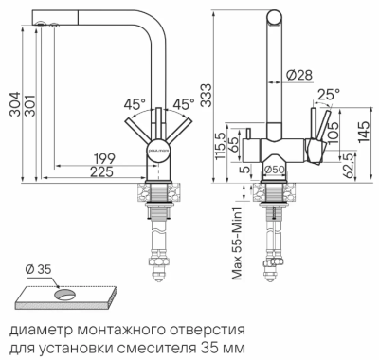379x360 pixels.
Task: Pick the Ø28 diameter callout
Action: tap(298, 75)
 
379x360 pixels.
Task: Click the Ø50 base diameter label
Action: tap(275, 170)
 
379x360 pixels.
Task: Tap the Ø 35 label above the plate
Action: tap(38, 270)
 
